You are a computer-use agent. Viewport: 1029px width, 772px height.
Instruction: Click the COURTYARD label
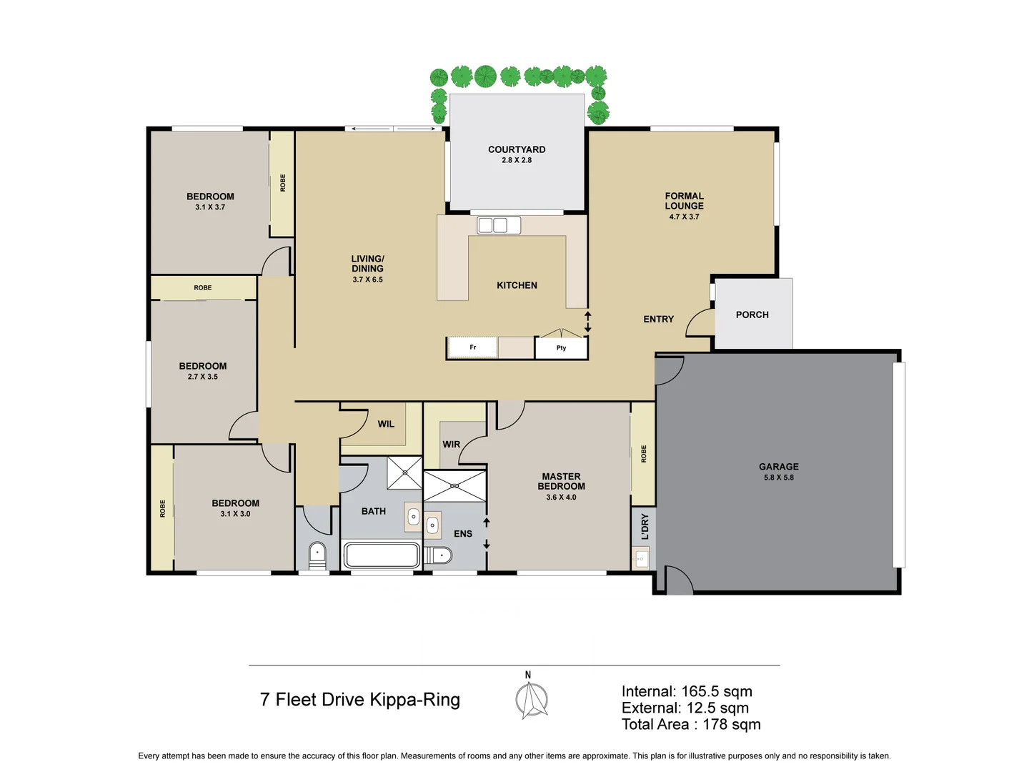tap(516, 149)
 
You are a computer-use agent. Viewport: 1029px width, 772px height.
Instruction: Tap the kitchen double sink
tap(499, 225)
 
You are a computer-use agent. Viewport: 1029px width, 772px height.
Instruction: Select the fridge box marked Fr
tap(472, 347)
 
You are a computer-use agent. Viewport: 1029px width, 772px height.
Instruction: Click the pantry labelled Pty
tap(561, 348)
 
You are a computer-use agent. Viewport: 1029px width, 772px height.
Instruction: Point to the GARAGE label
tap(778, 467)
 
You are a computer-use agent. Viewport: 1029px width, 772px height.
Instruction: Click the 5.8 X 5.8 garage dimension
tap(778, 477)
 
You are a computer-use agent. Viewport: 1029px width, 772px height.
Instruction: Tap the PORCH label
tap(752, 315)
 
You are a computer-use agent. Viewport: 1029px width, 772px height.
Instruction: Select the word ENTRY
tap(658, 320)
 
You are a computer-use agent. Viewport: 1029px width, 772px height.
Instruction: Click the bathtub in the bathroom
tap(382, 555)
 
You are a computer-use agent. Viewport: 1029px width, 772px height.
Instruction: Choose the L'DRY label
tap(645, 526)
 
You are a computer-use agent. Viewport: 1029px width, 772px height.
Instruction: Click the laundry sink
tap(641, 558)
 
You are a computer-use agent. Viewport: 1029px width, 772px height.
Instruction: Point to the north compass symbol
tap(532, 699)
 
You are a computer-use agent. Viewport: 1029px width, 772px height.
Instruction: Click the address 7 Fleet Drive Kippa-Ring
tap(359, 700)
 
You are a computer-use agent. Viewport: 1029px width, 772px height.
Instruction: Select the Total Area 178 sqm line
tap(690, 725)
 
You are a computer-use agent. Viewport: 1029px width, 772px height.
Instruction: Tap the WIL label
tap(386, 424)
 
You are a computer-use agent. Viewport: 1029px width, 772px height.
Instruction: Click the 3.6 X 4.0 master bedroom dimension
tap(561, 498)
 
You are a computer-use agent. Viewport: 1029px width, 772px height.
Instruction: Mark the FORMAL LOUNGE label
tap(684, 201)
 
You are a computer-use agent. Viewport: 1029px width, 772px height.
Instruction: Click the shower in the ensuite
tap(454, 486)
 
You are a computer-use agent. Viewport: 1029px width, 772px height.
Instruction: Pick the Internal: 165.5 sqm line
tap(686, 691)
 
